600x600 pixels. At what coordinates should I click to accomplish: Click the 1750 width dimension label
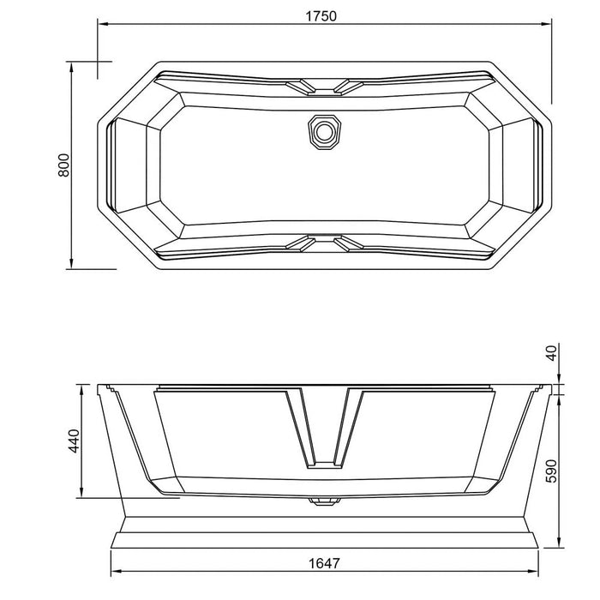pyautogui.click(x=323, y=15)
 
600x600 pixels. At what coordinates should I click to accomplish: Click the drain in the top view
pyautogui.click(x=324, y=131)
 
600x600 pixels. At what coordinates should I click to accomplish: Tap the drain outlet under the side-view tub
pyautogui.click(x=323, y=501)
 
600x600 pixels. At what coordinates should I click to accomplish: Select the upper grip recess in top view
pyautogui.click(x=323, y=86)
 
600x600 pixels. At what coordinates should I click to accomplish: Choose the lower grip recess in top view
pyautogui.click(x=323, y=243)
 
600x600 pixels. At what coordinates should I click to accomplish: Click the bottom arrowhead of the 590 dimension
pyautogui.click(x=558, y=546)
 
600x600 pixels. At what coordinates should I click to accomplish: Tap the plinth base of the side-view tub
pyautogui.click(x=325, y=535)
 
